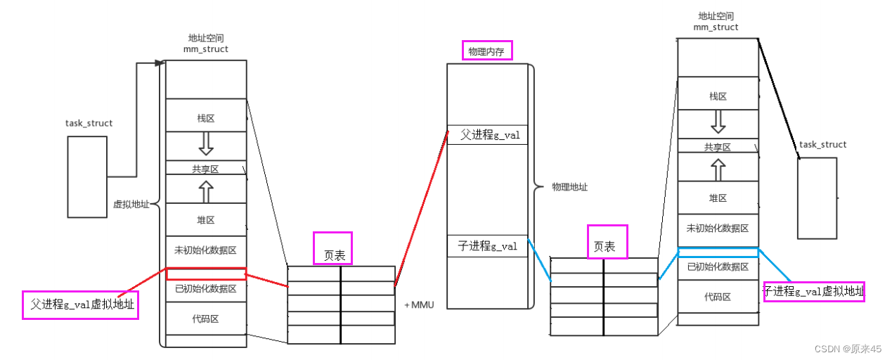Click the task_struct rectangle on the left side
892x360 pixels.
pos(87,176)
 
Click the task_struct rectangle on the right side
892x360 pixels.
pos(817,198)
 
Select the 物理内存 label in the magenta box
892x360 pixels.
pos(487,51)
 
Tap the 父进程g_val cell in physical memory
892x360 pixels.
pos(487,135)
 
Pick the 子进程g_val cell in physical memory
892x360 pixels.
pos(487,245)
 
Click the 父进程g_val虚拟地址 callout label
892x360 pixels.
pos(79,305)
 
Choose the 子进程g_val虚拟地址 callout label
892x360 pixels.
pos(813,291)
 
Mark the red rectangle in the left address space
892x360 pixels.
pos(205,274)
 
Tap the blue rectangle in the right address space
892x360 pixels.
pos(718,252)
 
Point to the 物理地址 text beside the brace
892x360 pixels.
pos(570,187)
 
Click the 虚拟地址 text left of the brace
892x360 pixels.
pos(130,205)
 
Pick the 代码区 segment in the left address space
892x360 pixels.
pos(205,319)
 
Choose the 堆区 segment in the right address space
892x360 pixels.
pos(718,198)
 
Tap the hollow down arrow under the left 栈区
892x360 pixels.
pos(205,143)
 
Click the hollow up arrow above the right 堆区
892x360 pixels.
pos(718,169)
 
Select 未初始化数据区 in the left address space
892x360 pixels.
pos(205,250)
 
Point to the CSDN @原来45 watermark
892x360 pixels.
pos(847,349)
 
